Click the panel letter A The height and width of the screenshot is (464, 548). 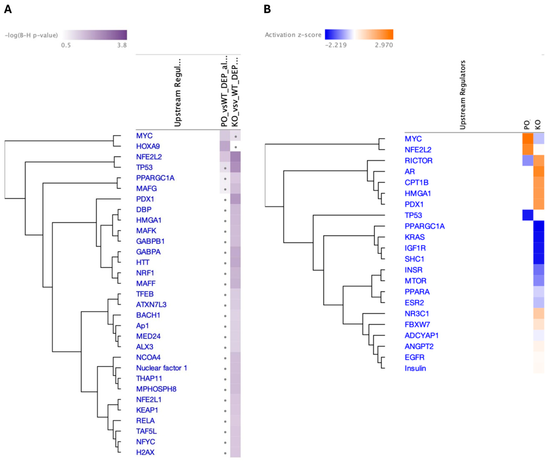click(x=8, y=10)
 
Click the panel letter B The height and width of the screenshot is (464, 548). click(x=267, y=10)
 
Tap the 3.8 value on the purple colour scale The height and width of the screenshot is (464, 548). click(x=122, y=45)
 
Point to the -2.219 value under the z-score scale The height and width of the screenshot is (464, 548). click(x=336, y=45)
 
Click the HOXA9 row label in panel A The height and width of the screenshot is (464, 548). click(x=148, y=146)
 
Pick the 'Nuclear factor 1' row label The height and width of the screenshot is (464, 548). click(x=161, y=368)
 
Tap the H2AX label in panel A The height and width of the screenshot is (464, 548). click(x=145, y=452)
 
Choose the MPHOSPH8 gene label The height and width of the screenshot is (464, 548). click(x=156, y=389)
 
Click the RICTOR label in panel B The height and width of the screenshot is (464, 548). click(x=418, y=161)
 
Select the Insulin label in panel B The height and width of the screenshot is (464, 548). click(x=415, y=368)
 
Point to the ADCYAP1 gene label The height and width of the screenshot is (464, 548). click(x=422, y=335)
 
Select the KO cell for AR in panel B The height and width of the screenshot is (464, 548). click(x=538, y=171)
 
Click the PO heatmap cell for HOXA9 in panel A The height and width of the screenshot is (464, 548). click(x=225, y=146)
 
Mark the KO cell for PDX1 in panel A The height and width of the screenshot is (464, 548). click(x=235, y=199)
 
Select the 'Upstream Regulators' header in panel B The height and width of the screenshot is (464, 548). click(x=463, y=95)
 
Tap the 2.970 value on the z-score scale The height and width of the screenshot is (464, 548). click(x=384, y=45)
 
